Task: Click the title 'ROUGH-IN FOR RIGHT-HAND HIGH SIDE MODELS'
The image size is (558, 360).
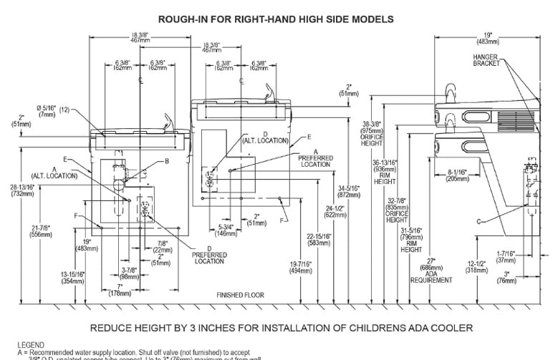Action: [x=276, y=19]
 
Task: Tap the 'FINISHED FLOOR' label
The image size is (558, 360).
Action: [x=240, y=294]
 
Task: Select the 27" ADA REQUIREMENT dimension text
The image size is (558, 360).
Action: [x=430, y=271]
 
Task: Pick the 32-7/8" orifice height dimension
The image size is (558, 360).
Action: [x=396, y=211]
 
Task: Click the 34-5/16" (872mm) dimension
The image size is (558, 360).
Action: [x=349, y=191]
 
